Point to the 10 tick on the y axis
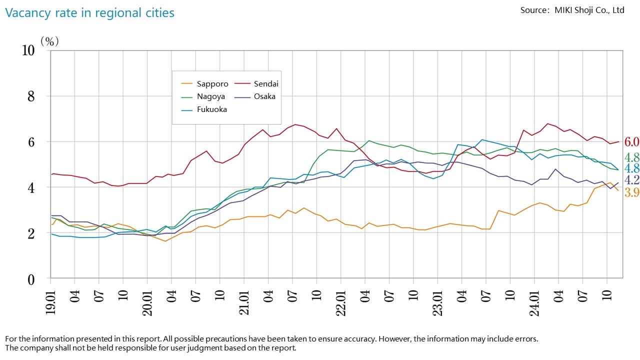[x=28, y=50]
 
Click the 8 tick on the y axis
[x=31, y=96]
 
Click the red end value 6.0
[x=632, y=142]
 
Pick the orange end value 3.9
[x=632, y=193]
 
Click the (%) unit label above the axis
[x=49, y=41]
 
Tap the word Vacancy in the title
[x=24, y=13]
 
